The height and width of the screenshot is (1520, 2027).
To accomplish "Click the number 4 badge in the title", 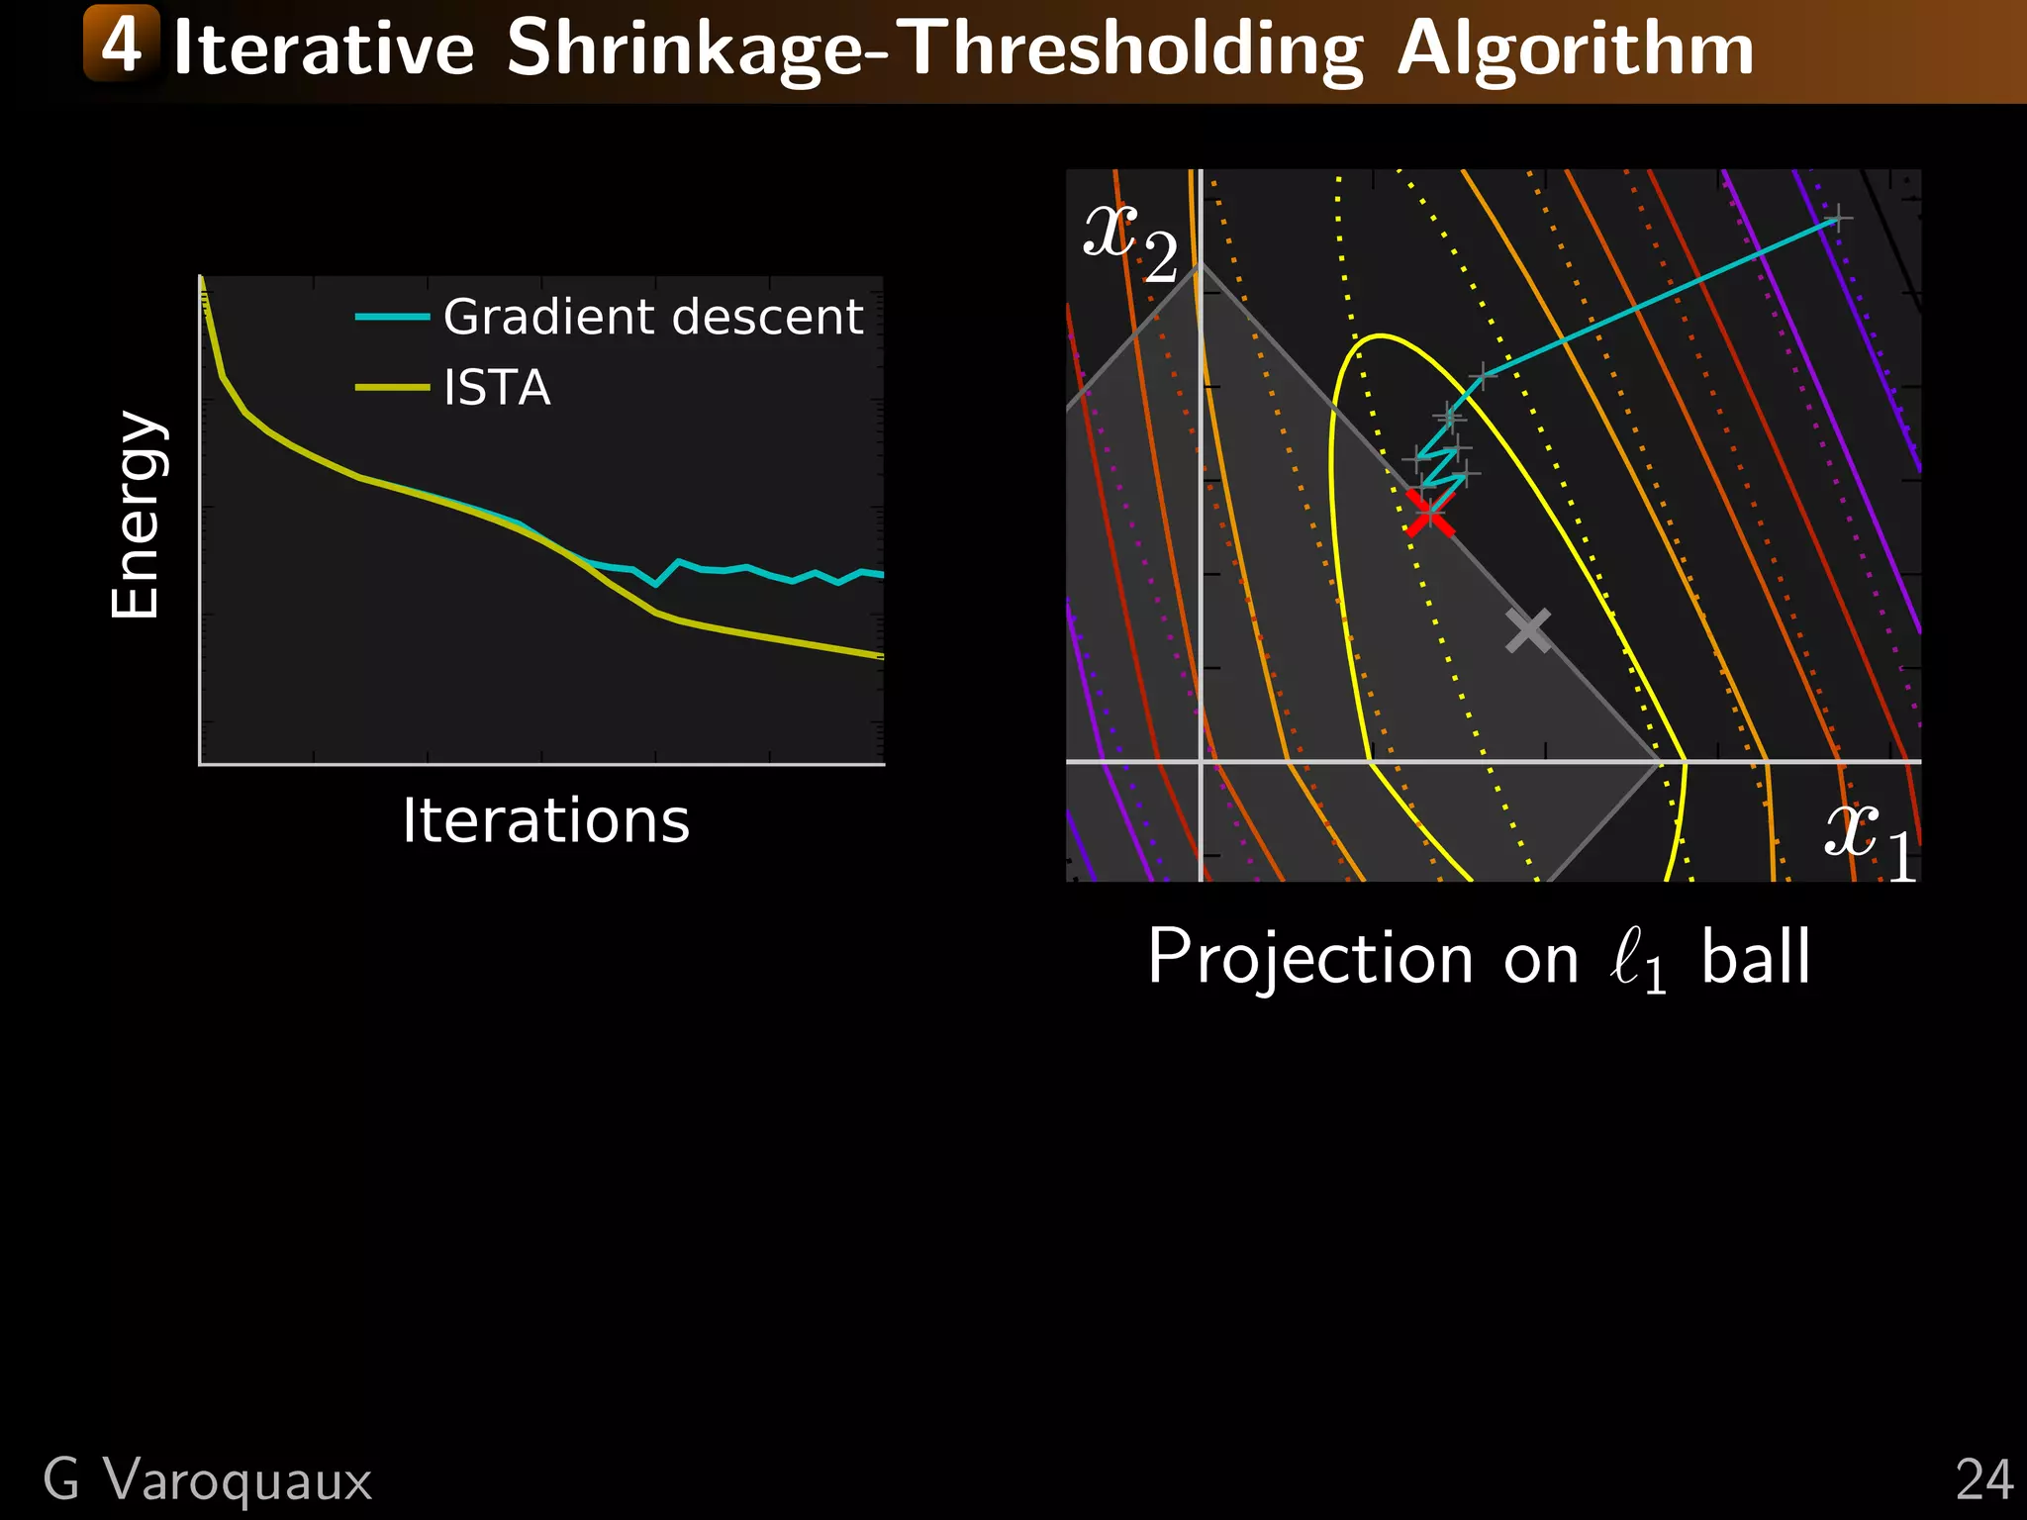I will (122, 44).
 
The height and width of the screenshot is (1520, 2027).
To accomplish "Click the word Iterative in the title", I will (324, 49).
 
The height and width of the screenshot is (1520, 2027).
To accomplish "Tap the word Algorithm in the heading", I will (1575, 49).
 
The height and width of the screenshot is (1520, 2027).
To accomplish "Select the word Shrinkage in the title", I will (685, 49).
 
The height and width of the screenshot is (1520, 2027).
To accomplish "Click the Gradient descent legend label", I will (653, 318).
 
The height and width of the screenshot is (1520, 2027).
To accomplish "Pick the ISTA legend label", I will (497, 388).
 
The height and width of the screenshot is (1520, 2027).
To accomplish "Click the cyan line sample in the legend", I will (392, 318).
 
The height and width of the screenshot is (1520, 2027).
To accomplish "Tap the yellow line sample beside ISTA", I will (392, 388).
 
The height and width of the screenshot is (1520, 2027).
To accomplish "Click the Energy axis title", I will (136, 515).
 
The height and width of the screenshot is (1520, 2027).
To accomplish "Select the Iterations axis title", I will (545, 821).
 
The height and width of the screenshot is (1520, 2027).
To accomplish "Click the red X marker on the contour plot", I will (1429, 513).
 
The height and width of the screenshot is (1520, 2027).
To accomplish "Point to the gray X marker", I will (1528, 630).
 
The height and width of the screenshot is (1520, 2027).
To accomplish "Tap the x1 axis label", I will (1869, 839).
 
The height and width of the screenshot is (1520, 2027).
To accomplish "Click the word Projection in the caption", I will (1310, 958).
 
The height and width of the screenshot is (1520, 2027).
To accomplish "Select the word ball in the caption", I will (1755, 958).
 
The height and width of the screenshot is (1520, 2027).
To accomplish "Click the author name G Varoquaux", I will (208, 1480).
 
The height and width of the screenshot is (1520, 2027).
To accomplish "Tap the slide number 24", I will (1983, 1480).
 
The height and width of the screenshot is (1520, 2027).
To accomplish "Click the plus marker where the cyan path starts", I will (1837, 219).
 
